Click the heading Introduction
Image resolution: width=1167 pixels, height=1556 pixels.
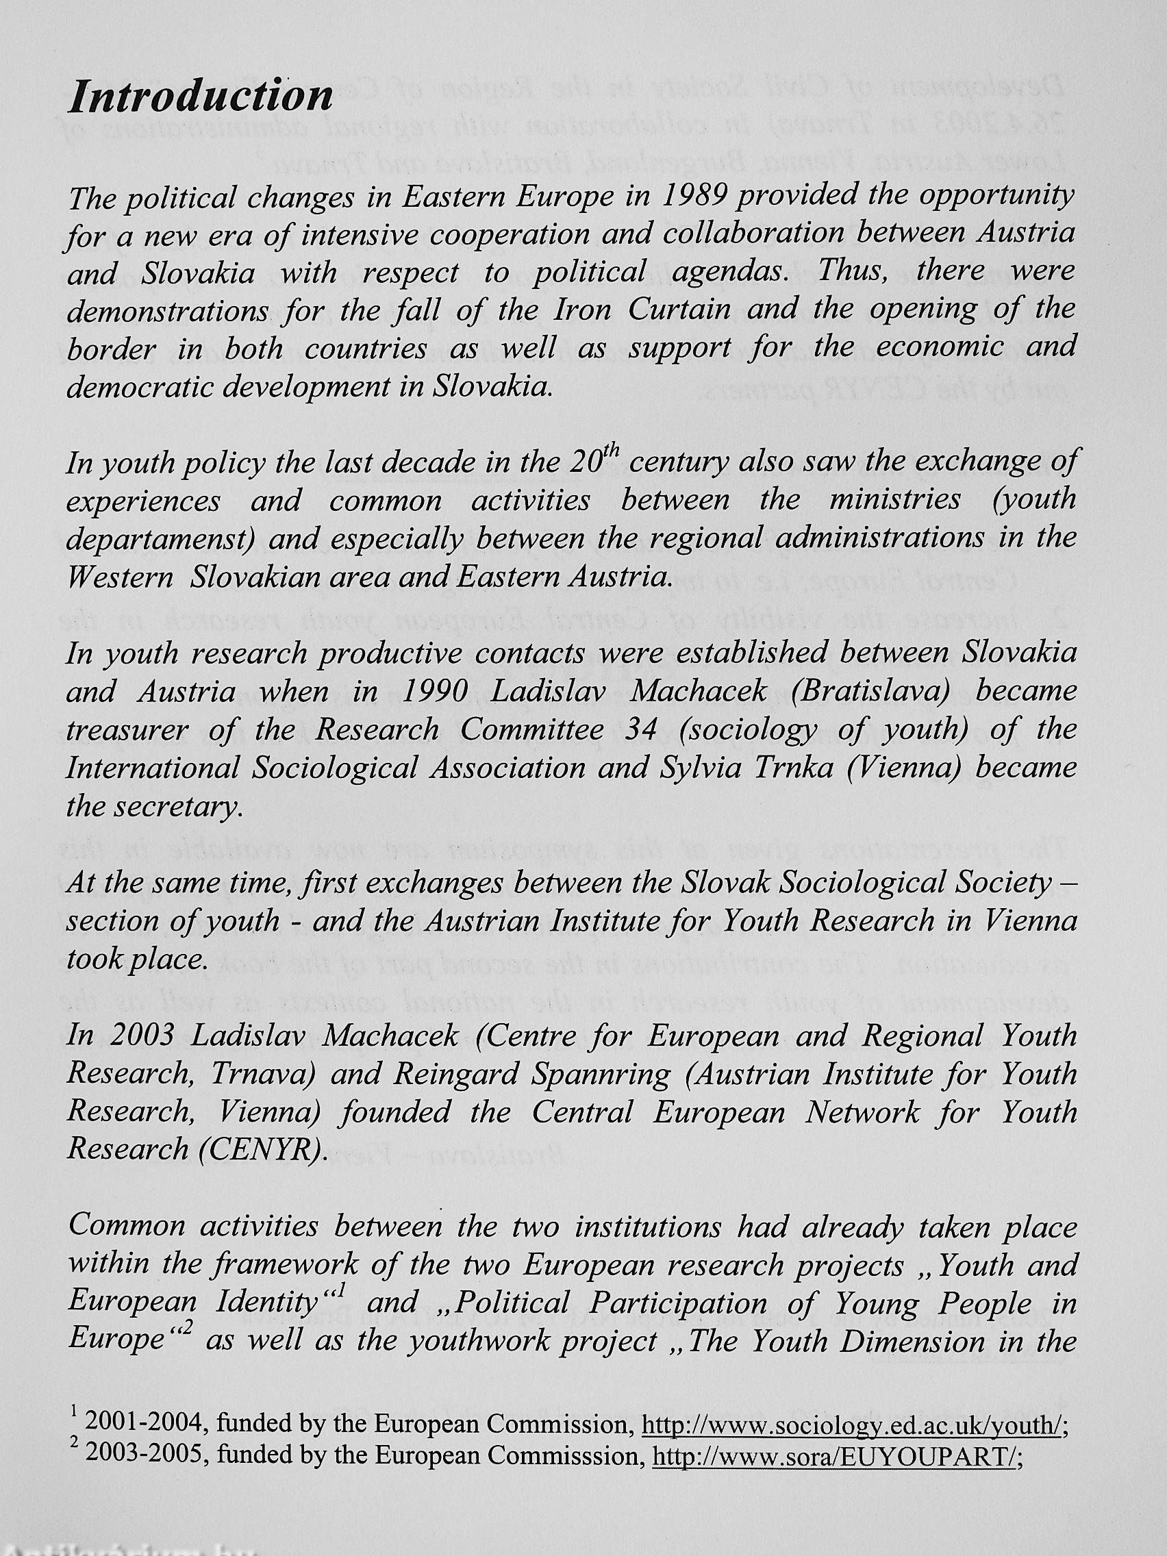(x=201, y=97)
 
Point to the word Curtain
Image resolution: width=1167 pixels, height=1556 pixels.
(x=679, y=310)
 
